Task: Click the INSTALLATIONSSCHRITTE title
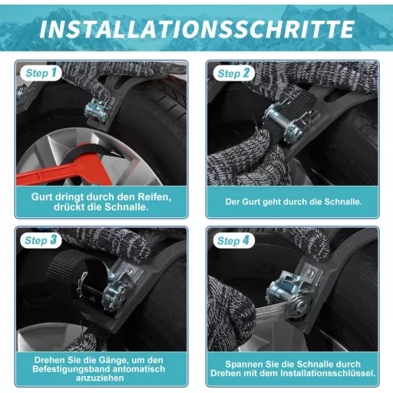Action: click(196, 29)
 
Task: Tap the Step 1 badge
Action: click(41, 73)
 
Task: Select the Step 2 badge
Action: click(233, 74)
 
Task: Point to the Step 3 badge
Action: click(41, 240)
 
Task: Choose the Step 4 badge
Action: click(233, 240)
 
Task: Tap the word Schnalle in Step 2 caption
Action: click(343, 202)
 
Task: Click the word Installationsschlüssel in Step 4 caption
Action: click(328, 373)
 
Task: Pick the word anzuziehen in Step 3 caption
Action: click(100, 378)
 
